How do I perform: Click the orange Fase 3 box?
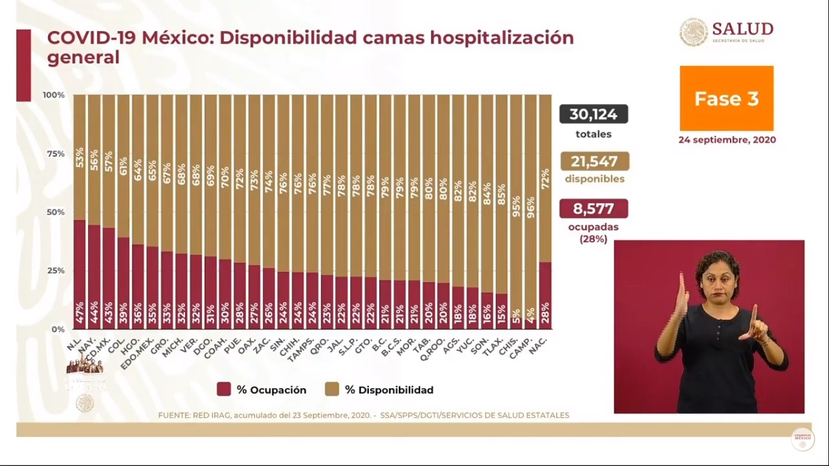(x=726, y=98)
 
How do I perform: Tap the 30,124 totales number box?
(x=594, y=114)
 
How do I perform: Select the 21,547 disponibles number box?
(x=594, y=161)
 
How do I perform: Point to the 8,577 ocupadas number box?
(x=594, y=209)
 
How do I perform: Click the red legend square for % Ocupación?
(x=224, y=390)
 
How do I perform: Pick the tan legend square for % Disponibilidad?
(x=332, y=390)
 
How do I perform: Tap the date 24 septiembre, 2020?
(x=727, y=140)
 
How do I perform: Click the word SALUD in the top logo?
(x=742, y=29)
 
